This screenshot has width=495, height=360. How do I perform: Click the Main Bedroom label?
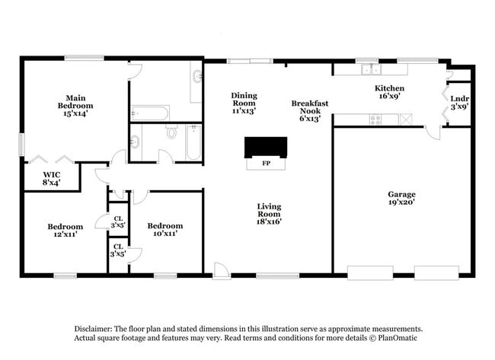pyautogui.click(x=75, y=105)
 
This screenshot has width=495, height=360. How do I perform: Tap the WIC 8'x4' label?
pyautogui.click(x=50, y=178)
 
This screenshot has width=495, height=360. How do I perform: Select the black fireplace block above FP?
pyautogui.click(x=265, y=147)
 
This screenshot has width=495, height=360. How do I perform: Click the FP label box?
pyautogui.click(x=266, y=164)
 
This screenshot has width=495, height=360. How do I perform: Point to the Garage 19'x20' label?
pyautogui.click(x=402, y=199)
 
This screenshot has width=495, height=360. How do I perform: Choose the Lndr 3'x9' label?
pyautogui.click(x=459, y=103)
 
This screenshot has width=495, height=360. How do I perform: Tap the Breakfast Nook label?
pyautogui.click(x=309, y=110)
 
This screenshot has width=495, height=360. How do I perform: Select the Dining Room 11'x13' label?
pyautogui.click(x=244, y=103)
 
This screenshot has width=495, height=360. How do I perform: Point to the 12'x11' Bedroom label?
pyautogui.click(x=65, y=230)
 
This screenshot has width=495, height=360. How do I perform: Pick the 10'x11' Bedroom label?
pyautogui.click(x=165, y=230)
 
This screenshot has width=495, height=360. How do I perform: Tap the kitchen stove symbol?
pyautogui.click(x=375, y=119)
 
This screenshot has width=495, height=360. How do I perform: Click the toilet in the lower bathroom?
pyautogui.click(x=172, y=133)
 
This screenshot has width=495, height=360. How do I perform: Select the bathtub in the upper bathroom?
pyautogui.click(x=150, y=113)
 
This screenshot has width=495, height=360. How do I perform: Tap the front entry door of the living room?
pyautogui.click(x=221, y=271)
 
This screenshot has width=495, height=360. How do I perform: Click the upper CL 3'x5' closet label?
pyautogui.click(x=118, y=221)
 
